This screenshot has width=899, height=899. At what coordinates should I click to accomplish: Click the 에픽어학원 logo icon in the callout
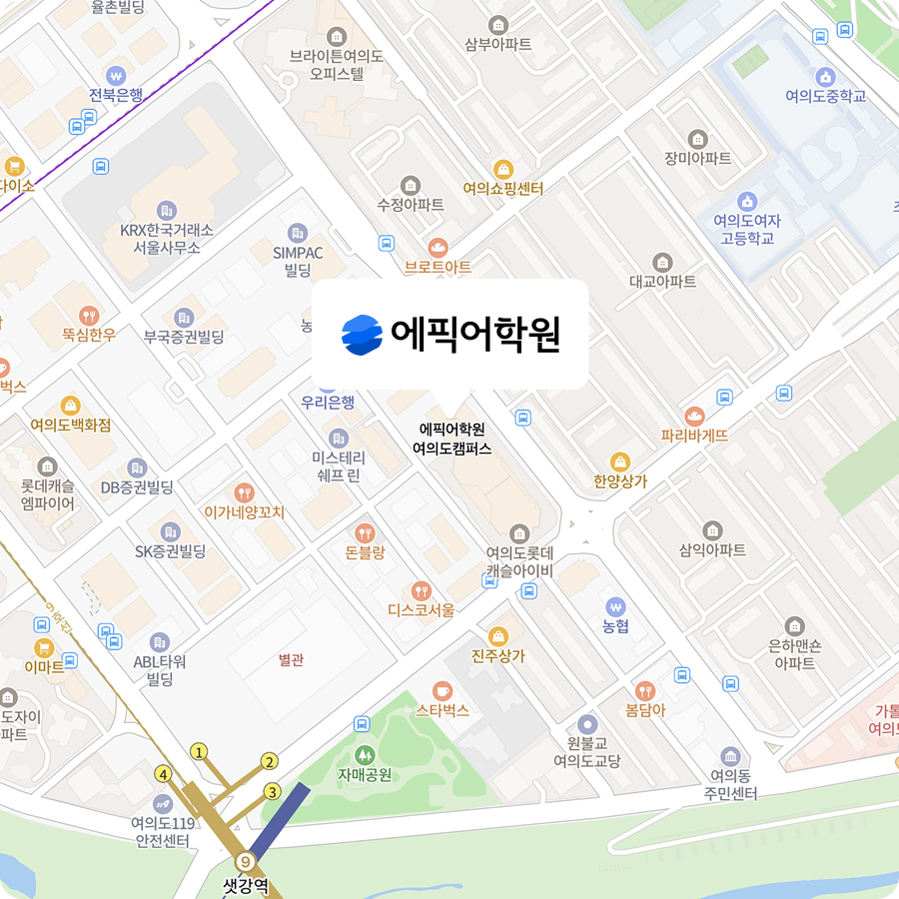tap(362, 335)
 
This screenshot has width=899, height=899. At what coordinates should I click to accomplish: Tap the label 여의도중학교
tap(825, 97)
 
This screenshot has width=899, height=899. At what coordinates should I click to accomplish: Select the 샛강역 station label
tap(246, 885)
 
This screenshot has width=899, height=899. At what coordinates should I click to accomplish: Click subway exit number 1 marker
tap(200, 751)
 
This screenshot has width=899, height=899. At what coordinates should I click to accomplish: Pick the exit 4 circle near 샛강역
tap(163, 773)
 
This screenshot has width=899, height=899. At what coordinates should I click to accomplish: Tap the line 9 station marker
tap(245, 861)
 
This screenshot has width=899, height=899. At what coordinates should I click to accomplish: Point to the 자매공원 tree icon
tap(364, 754)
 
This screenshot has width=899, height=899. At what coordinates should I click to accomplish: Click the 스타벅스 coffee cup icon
tap(443, 690)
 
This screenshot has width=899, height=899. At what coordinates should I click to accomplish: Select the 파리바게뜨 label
tap(694, 436)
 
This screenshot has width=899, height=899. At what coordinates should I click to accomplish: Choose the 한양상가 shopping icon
tap(620, 461)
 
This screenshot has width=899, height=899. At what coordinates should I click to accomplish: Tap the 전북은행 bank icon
tap(116, 75)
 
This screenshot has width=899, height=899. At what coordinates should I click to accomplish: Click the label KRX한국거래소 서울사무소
tap(166, 238)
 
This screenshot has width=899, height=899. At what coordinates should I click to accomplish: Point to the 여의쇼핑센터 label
tap(503, 188)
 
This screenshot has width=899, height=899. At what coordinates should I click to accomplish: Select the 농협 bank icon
tap(615, 606)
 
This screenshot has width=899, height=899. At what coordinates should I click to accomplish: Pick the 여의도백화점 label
tap(70, 425)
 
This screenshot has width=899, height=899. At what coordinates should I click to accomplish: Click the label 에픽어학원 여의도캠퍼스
tap(452, 439)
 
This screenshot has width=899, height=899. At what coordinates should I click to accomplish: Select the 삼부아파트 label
tap(498, 44)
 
